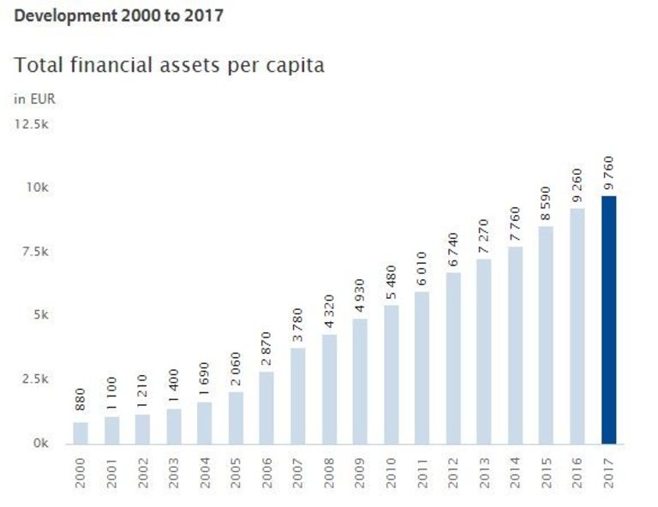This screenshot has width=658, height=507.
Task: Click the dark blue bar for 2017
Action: [608, 320]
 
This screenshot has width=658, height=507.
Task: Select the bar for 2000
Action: [81, 433]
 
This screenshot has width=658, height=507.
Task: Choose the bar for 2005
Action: [236, 419]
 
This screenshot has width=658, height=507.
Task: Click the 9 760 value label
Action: [608, 175]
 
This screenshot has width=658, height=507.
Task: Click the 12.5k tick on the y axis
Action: [32, 124]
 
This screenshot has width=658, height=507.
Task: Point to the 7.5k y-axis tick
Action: [33, 251]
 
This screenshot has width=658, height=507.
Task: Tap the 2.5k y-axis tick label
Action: [32, 379]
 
